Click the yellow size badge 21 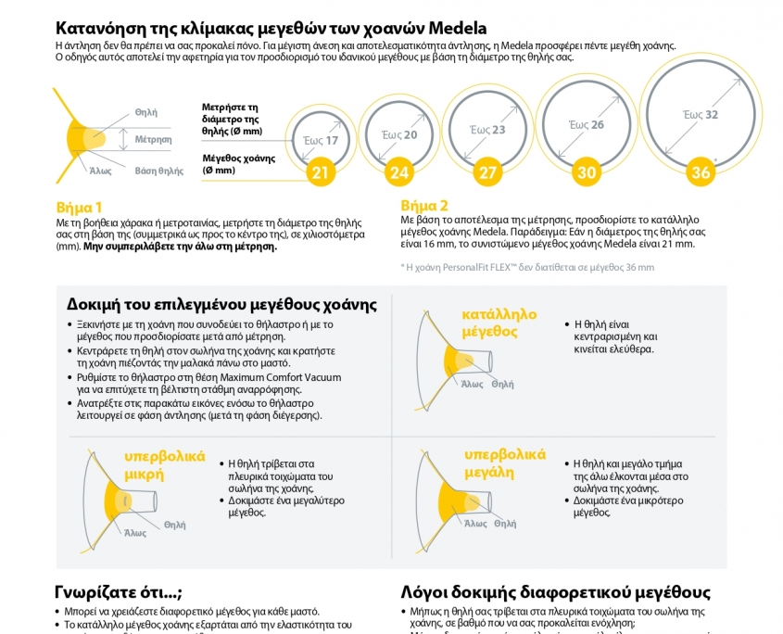click(x=320, y=172)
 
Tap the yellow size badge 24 click(x=399, y=172)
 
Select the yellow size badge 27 click(x=487, y=172)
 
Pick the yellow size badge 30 click(x=587, y=172)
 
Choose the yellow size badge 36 click(x=700, y=172)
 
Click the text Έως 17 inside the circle click(x=321, y=141)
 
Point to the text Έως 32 click(x=700, y=115)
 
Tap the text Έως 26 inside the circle click(x=586, y=124)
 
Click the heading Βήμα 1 click(x=80, y=207)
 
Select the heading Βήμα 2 click(x=424, y=205)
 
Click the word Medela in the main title click(x=455, y=28)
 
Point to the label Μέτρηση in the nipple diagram click(x=154, y=139)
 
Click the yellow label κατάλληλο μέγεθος click(x=499, y=323)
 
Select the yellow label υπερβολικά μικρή click(x=164, y=465)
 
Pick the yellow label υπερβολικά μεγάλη click(x=504, y=463)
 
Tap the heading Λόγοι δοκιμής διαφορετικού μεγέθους click(x=555, y=592)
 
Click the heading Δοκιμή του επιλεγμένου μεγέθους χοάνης click(x=221, y=304)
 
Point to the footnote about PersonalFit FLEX click(x=526, y=267)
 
